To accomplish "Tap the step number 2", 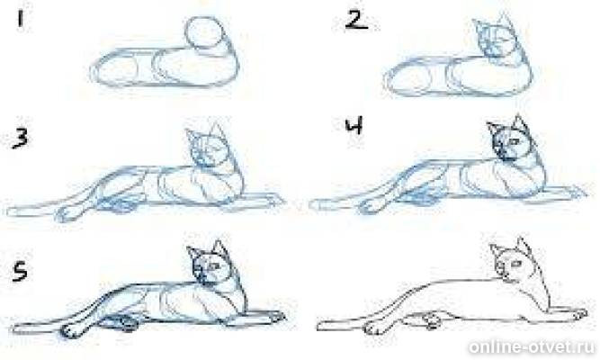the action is point(356,21).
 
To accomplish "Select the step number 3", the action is point(20,139).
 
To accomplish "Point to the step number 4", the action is point(354,127).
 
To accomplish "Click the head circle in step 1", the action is point(205,32).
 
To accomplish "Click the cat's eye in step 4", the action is point(514,142).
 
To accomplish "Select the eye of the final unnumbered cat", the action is point(517,264).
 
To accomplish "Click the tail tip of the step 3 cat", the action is point(10,211).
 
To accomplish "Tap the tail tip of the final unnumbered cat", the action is point(320,326).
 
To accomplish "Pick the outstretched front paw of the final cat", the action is point(577,314).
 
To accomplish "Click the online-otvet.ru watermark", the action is point(532,346).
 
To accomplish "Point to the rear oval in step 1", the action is point(115,70).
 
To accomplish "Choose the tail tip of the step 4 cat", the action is point(313,205).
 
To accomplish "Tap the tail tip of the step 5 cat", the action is point(17,329).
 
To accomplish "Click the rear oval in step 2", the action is point(407,79).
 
